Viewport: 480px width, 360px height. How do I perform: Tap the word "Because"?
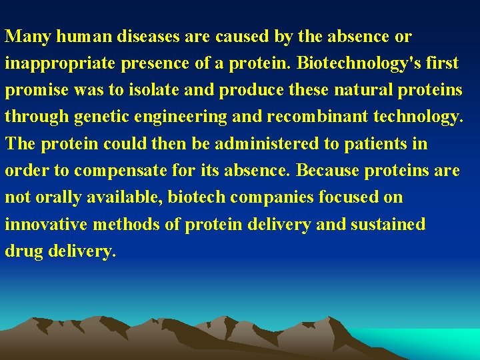(x=327, y=170)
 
